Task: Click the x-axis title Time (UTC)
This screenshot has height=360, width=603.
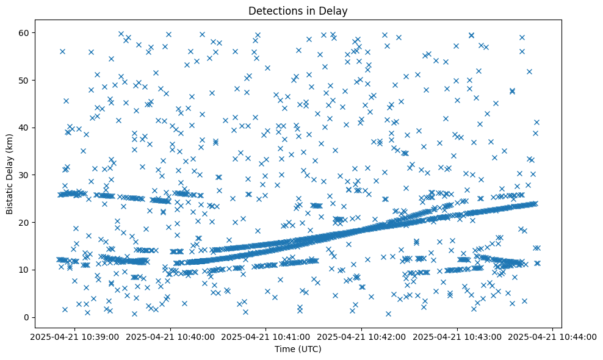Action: point(298,349)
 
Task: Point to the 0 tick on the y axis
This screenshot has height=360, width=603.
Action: point(27,317)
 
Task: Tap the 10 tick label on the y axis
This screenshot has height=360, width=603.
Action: point(24,270)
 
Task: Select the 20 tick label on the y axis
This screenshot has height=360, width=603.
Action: point(24,222)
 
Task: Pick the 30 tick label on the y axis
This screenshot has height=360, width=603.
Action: point(24,175)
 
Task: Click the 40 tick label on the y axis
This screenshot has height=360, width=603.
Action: point(24,128)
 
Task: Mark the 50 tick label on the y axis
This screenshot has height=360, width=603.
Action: point(24,80)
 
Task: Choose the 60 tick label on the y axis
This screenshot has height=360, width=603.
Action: point(24,32)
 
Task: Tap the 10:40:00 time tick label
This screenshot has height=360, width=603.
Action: point(170,336)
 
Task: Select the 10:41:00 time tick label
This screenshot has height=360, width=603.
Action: point(266,336)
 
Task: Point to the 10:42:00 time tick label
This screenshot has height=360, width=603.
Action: point(362,336)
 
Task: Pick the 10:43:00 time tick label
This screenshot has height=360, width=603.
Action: point(458,336)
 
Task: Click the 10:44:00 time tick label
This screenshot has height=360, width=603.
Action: point(553,336)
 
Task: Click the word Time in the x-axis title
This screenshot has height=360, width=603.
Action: point(284,349)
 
